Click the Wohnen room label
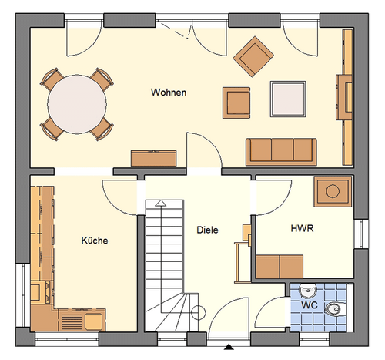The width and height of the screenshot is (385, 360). tap(169, 93)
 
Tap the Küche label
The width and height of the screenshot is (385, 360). tap(95, 241)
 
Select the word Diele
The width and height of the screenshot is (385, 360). tap(207, 230)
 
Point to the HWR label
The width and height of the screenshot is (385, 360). tap(302, 228)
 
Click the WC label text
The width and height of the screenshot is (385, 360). tap(310, 305)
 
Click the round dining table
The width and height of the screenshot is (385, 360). tap(77, 104)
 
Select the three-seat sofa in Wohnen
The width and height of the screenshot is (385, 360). tap(281, 152)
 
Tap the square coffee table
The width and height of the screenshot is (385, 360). tap(288, 99)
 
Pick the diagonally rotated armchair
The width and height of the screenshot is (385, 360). tap(253, 56)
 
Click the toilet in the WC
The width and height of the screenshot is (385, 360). tap(336, 309)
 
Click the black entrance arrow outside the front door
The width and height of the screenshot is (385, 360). tap(229, 347)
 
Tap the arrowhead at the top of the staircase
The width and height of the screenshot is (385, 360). tap(161, 204)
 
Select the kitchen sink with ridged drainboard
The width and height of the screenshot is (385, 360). tap(82, 320)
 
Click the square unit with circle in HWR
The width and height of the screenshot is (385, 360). tap(333, 191)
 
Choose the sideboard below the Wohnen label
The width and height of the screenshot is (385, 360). tap(153, 159)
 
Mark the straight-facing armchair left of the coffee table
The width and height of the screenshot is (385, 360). tap(236, 103)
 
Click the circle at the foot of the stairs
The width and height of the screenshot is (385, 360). tap(199, 313)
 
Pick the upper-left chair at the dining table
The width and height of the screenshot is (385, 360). tap(52, 79)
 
